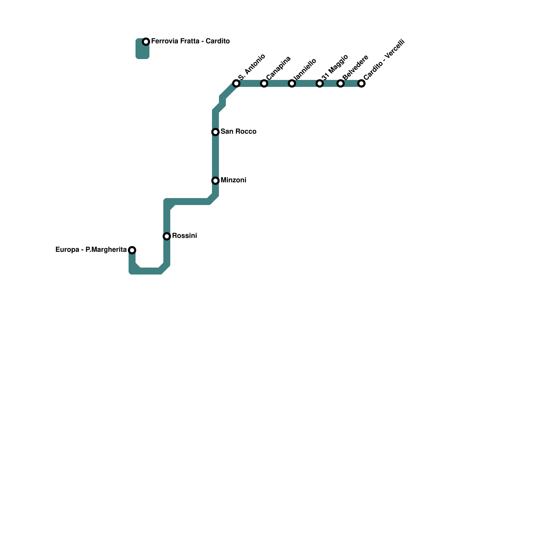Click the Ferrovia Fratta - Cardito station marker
[146, 42]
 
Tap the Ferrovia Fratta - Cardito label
[190, 41]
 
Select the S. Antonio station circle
[236, 83]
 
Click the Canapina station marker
[264, 83]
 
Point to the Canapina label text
[279, 68]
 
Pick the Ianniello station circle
[292, 83]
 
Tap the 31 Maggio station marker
[320, 83]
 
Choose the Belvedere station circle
[341, 83]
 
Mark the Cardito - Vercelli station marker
[361, 83]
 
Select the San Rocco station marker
[215, 132]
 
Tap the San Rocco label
[238, 132]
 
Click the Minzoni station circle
[215, 181]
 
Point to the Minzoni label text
[233, 180]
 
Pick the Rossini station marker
[167, 236]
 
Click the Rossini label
[184, 236]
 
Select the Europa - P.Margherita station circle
[132, 250]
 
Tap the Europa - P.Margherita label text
[91, 250]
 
